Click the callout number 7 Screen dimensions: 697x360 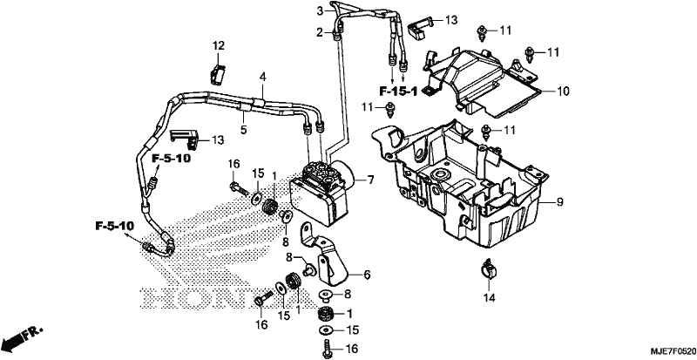pyautogui.click(x=370, y=180)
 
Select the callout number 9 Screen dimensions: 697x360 pyautogui.click(x=559, y=203)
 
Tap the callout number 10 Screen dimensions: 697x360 pyautogui.click(x=562, y=92)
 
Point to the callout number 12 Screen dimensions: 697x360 pyautogui.click(x=219, y=45)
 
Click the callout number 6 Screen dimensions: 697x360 pyautogui.click(x=367, y=275)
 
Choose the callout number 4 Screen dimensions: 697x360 pyautogui.click(x=263, y=78)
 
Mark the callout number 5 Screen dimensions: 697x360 pyautogui.click(x=244, y=131)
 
